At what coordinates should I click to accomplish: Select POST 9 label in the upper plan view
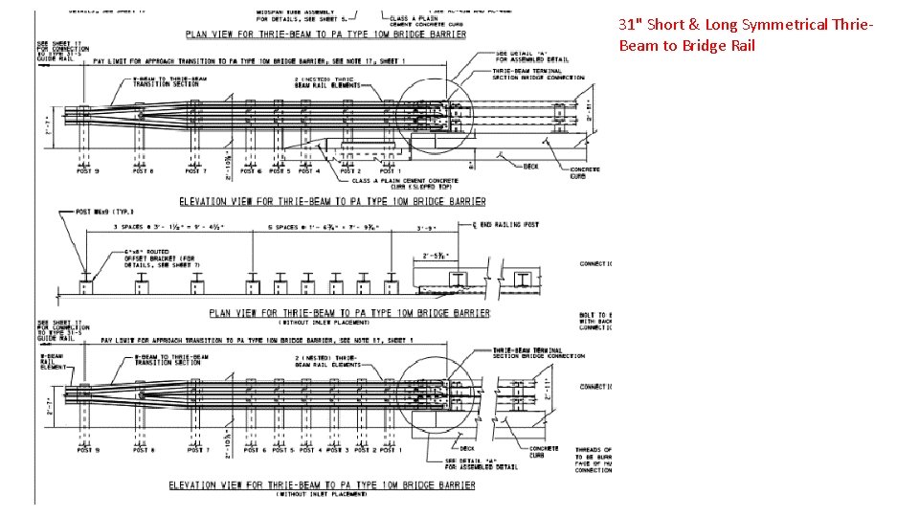(85, 171)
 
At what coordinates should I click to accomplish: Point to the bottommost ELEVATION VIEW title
(322, 484)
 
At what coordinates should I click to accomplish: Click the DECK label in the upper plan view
(531, 166)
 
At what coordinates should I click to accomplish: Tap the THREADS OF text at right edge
(594, 449)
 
